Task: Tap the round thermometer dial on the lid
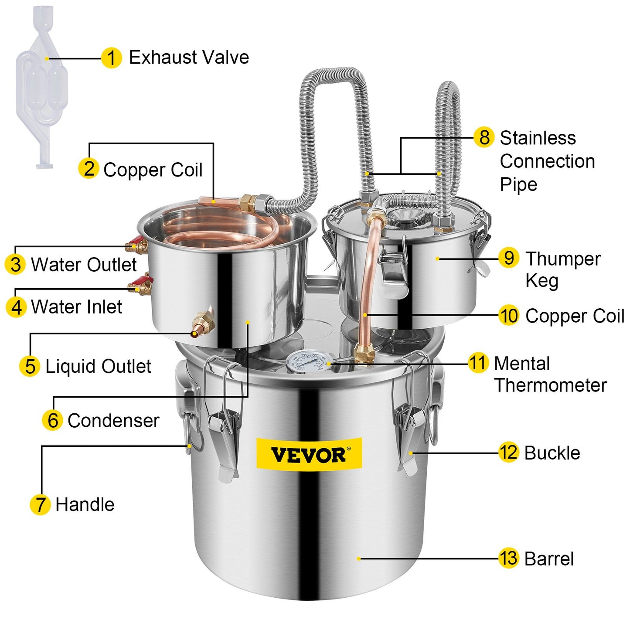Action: click(x=306, y=361)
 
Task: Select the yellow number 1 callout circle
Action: click(x=111, y=58)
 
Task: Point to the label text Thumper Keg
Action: click(x=562, y=269)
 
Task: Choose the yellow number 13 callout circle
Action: click(x=508, y=558)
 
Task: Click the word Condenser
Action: click(x=113, y=421)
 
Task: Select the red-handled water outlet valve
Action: click(x=137, y=245)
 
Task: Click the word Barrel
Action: click(x=549, y=559)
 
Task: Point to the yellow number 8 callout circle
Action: click(x=484, y=137)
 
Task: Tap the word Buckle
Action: click(x=552, y=453)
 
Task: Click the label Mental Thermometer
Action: click(x=550, y=374)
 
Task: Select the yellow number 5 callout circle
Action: click(x=30, y=366)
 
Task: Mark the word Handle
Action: click(x=85, y=504)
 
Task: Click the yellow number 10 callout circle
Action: click(x=509, y=316)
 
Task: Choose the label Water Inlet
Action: click(x=76, y=307)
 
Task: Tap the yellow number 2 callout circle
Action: click(x=89, y=169)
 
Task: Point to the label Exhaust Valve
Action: click(x=189, y=58)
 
